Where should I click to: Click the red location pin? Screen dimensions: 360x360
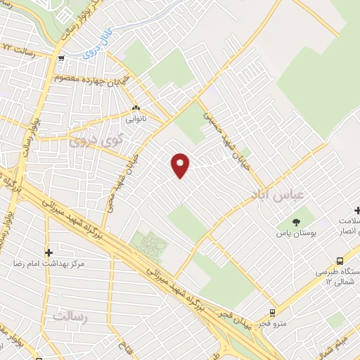(x=181, y=165)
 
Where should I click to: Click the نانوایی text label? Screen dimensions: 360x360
(x=136, y=120)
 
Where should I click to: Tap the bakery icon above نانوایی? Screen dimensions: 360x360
(x=136, y=109)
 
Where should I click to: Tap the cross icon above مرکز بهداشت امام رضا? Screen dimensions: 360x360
(x=49, y=252)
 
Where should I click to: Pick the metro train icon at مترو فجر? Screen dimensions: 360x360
(x=272, y=311)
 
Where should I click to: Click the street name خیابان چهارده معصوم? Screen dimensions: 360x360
(x=90, y=78)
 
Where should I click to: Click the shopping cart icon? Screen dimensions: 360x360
(x=63, y=58)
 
